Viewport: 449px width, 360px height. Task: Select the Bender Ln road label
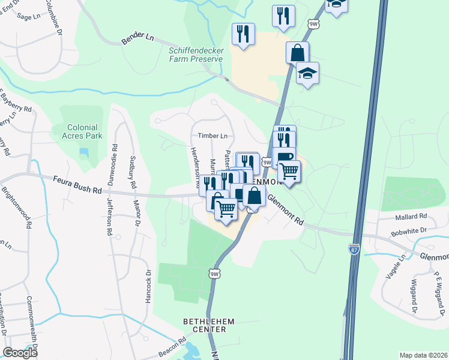pyautogui.click(x=137, y=37)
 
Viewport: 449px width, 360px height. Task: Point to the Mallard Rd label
pyautogui.click(x=411, y=216)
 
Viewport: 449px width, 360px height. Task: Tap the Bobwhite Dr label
pyautogui.click(x=408, y=230)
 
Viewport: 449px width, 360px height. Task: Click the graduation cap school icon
pyautogui.click(x=308, y=74)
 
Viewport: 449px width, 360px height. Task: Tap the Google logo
pyautogui.click(x=20, y=353)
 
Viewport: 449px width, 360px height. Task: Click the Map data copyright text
pyautogui.click(x=423, y=355)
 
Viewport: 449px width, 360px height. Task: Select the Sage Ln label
pyautogui.click(x=28, y=17)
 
